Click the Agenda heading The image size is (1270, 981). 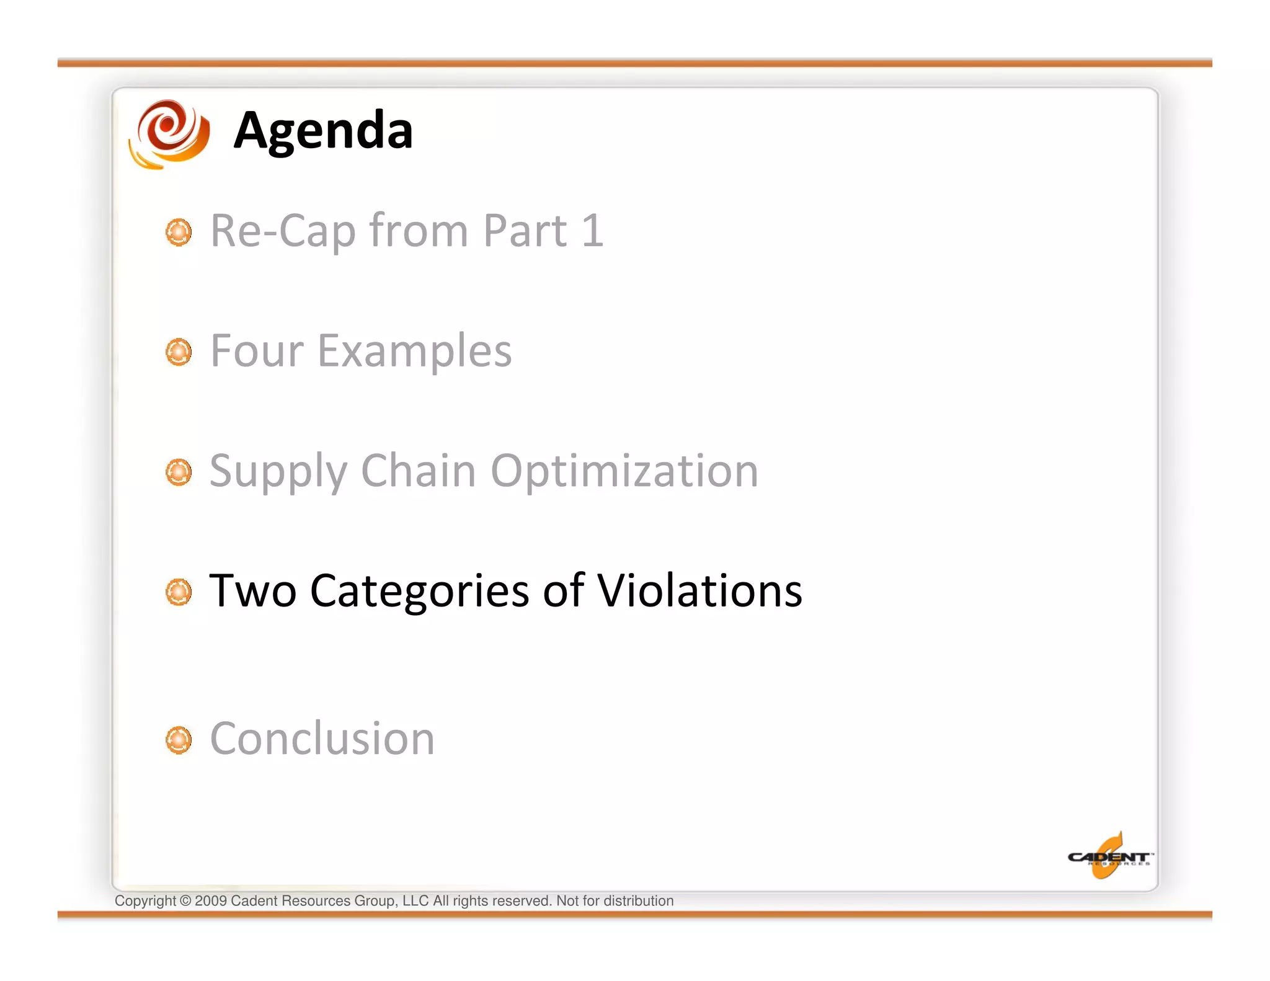(322, 131)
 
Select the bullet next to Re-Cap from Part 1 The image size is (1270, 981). (179, 232)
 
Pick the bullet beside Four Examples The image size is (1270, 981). (179, 352)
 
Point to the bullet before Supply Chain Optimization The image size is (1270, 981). (179, 473)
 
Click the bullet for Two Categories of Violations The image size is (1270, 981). (179, 592)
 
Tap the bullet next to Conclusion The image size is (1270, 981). (179, 740)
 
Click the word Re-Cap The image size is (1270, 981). (283, 231)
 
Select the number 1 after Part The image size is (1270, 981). (593, 231)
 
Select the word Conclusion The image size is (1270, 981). (322, 739)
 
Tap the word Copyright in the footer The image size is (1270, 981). (145, 901)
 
